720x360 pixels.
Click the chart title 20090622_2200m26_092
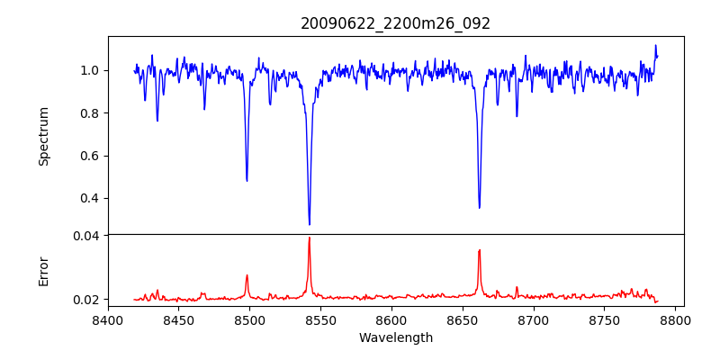point(395,23)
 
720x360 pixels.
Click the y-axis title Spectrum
point(43,136)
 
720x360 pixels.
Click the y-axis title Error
point(43,271)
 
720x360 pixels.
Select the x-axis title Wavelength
point(395,338)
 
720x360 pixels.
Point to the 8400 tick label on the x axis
point(108,319)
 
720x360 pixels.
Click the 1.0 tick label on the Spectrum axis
point(89,70)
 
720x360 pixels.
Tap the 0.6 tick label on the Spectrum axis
point(89,156)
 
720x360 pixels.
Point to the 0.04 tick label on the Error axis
point(85,236)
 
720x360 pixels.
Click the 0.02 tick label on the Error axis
point(85,299)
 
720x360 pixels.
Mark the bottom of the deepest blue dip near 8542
point(310,224)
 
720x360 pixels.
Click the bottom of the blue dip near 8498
point(247,181)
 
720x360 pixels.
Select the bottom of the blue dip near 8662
point(480,208)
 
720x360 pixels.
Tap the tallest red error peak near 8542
point(309,238)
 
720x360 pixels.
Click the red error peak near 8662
point(479,250)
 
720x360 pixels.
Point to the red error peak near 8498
point(247,275)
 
